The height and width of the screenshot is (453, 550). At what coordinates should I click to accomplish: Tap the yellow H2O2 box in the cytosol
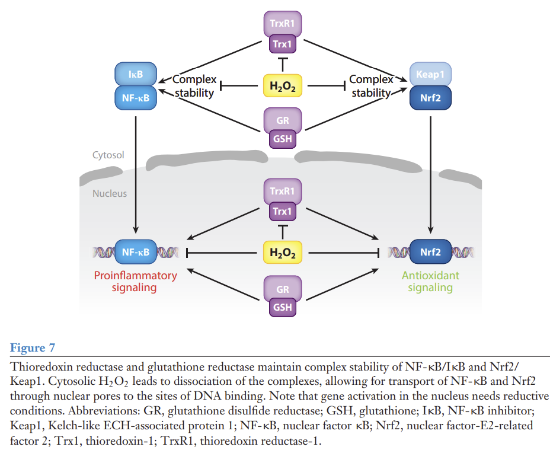(282, 87)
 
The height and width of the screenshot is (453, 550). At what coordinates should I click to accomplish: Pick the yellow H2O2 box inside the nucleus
(282, 253)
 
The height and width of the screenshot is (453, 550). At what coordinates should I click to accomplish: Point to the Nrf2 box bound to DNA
(430, 252)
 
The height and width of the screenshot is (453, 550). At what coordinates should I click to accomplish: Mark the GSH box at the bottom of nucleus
(282, 307)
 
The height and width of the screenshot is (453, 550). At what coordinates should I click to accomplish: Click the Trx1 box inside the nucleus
(282, 211)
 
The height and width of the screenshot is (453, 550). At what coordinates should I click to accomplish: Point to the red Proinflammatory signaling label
(135, 282)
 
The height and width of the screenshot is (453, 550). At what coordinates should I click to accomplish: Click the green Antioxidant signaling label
(430, 282)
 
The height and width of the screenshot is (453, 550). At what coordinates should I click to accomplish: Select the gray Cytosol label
(108, 155)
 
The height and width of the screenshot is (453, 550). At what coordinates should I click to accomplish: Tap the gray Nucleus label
(109, 193)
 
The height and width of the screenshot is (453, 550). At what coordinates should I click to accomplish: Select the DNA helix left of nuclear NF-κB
(103, 253)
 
